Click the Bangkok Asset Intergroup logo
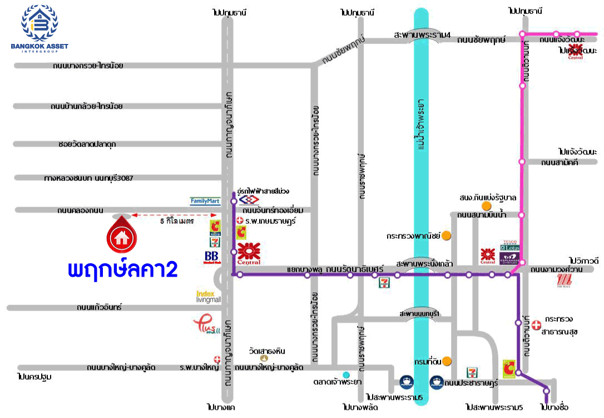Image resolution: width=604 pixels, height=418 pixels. [39, 28]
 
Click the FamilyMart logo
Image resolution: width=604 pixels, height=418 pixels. [205, 201]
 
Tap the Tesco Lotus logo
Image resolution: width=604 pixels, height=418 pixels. [510, 245]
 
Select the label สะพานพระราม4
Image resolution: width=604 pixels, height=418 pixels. [422, 35]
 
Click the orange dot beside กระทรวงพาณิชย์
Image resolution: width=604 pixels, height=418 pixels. [446, 235]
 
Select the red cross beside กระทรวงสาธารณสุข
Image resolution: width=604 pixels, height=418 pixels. [536, 323]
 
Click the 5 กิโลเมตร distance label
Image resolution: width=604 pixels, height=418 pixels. [176, 221]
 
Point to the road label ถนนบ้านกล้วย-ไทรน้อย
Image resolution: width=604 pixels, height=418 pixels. [86, 106]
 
